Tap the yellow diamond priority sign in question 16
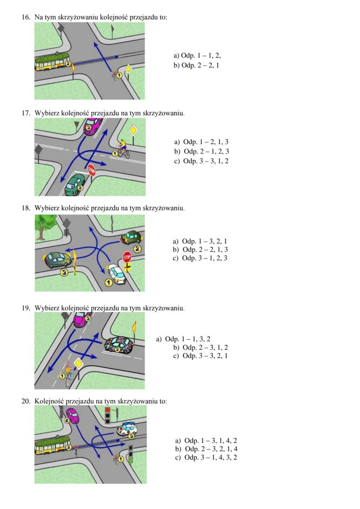tap(128, 69)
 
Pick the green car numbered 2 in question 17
tap(74, 185)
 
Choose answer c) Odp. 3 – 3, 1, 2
tap(201, 161)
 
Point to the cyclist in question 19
tap(69, 373)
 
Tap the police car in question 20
tap(127, 430)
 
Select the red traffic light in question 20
tap(107, 410)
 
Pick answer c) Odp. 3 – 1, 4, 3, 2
tap(206, 457)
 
